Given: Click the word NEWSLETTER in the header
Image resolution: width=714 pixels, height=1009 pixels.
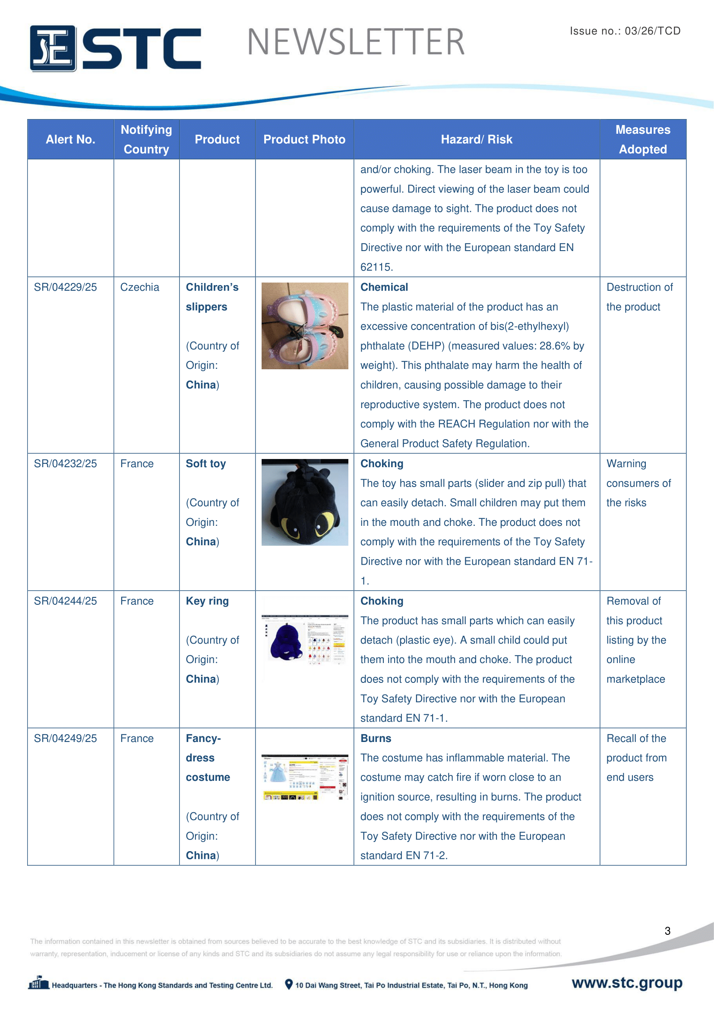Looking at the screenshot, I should (356, 42).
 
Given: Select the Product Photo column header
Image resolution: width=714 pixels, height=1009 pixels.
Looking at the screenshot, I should (304, 140).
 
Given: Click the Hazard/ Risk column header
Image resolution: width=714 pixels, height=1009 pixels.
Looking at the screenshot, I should (477, 140).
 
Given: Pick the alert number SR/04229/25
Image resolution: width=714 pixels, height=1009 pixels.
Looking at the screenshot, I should (66, 287).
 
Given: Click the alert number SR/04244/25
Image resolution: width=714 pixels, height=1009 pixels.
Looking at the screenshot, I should (66, 601).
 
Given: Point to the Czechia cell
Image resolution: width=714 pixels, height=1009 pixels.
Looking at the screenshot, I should (140, 287).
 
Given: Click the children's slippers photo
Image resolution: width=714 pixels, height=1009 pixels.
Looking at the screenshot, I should (305, 326).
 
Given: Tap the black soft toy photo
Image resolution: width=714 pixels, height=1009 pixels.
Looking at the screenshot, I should (305, 502).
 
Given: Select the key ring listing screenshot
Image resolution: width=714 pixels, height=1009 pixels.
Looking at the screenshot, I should (305, 639).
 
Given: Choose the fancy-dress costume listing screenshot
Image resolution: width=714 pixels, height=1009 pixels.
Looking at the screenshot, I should (305, 777).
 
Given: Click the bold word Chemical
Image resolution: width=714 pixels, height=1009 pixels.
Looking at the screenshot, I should (384, 287).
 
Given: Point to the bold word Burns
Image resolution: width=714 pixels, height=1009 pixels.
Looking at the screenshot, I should (376, 738).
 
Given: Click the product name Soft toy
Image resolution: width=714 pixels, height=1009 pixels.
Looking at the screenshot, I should (206, 464).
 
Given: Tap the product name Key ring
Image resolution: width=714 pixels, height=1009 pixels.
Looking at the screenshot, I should (207, 601).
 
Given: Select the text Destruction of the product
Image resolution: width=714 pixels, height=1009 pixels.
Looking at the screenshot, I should (639, 297).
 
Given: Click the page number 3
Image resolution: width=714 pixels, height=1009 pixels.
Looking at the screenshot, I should (667, 931).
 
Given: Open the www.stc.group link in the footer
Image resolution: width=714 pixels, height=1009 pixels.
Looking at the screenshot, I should (627, 983).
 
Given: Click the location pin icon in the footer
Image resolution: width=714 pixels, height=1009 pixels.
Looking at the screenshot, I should (289, 984).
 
